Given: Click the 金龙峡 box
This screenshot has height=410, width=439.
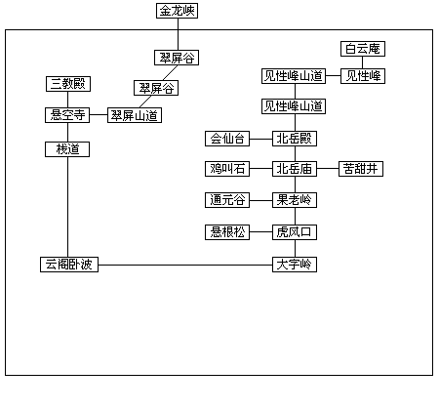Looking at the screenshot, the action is coord(177,11).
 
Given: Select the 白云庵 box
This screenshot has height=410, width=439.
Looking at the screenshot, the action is coord(363,49).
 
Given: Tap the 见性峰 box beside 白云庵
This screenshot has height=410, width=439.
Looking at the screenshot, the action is coord(363,76).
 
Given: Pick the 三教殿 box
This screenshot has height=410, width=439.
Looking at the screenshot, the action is coord(68,84).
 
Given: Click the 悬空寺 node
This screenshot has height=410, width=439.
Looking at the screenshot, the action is coord(67,115).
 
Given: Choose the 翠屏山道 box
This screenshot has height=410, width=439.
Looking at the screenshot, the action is coord(135,115).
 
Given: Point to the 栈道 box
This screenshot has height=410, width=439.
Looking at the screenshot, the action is coord(67,149).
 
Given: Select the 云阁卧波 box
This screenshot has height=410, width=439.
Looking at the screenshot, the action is coord(69,265).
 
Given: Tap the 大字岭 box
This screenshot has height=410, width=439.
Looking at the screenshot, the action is coord(295,265).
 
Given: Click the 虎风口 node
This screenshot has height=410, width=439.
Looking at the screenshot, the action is coord(295,232).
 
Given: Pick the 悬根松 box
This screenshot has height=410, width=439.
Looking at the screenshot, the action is coord(227,232).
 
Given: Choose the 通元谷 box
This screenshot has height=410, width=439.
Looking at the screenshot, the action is coord(227,200).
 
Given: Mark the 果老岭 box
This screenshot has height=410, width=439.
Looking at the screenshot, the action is coord(295,200).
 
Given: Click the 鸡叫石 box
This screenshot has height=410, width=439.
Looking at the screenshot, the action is coord(227,169).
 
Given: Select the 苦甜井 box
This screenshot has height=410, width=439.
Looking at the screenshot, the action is coord(361,169).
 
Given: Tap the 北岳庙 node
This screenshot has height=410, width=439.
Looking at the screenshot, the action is coord(295,169).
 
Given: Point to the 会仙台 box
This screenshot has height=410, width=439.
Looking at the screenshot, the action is coord(227,139).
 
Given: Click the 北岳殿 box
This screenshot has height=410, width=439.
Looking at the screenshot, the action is coord(295,139).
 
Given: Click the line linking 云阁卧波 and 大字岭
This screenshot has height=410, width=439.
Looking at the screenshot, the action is coord(185,265).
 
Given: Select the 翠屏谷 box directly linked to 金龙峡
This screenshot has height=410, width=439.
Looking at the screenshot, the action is coord(177,58).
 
